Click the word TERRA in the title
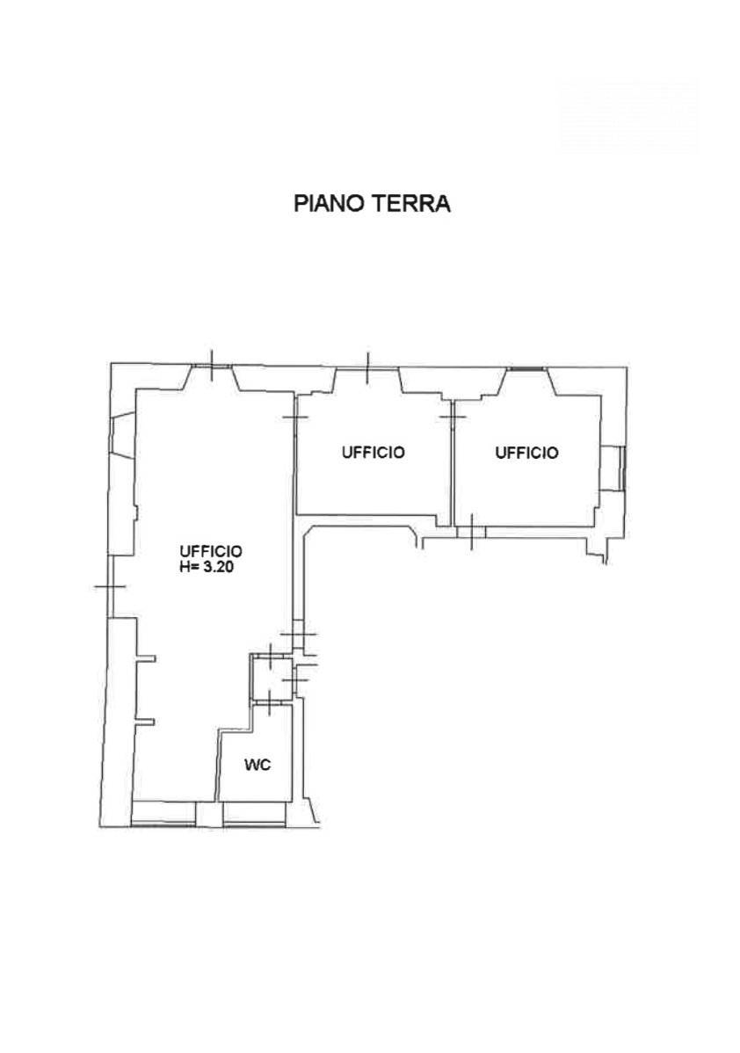coord(411,204)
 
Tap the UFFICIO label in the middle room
coord(374,453)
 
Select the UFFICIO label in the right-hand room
coord(527,453)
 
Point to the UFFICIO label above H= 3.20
coord(211,551)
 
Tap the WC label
coord(257,765)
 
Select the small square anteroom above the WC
coord(269,675)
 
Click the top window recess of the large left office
coord(212,376)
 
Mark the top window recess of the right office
coord(527,378)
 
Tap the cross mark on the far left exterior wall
coord(109,586)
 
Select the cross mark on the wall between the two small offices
coord(453,415)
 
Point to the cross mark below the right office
coord(472,531)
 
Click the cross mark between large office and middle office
coord(295,415)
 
